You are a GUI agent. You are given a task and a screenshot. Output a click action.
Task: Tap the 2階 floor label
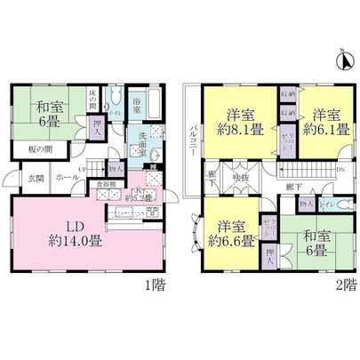(347, 285)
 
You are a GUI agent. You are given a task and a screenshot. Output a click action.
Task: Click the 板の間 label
(35, 148)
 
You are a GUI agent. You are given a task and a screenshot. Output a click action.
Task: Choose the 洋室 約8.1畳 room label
(239, 121)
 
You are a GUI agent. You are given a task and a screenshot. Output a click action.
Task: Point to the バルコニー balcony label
(192, 140)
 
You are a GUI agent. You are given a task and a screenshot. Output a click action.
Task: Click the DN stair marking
(341, 169)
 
